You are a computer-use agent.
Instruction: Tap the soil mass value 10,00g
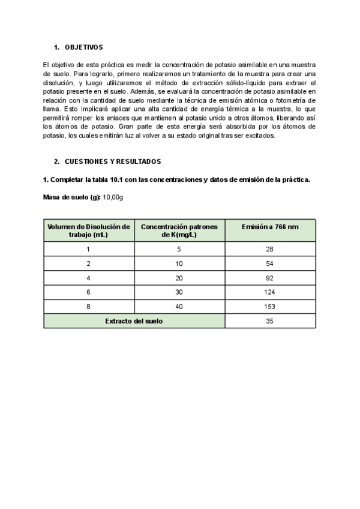tap(113, 197)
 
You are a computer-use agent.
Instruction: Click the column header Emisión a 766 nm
tap(269, 226)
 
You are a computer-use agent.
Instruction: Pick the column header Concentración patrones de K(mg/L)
tap(180, 230)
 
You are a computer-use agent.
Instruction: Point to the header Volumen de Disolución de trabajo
tap(89, 230)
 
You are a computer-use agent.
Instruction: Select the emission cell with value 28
tap(269, 249)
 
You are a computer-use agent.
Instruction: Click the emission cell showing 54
tap(269, 264)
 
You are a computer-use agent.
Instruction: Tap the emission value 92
tap(269, 278)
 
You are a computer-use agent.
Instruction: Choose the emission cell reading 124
tap(269, 292)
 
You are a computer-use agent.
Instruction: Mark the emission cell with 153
tap(269, 307)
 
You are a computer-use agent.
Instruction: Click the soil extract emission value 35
tap(269, 321)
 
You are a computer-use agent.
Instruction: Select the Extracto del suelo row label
tap(134, 321)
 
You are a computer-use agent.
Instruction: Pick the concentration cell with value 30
tap(179, 292)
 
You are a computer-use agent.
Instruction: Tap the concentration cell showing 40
tap(179, 307)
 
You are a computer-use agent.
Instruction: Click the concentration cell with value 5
tap(179, 249)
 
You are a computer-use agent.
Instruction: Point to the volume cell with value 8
tap(89, 307)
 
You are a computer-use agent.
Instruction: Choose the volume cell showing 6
tap(89, 292)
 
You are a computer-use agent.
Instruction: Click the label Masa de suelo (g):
tap(72, 197)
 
